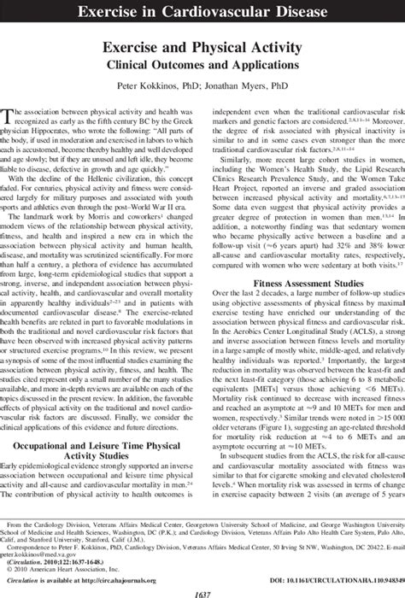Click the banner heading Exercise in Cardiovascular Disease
[x=202, y=11]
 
